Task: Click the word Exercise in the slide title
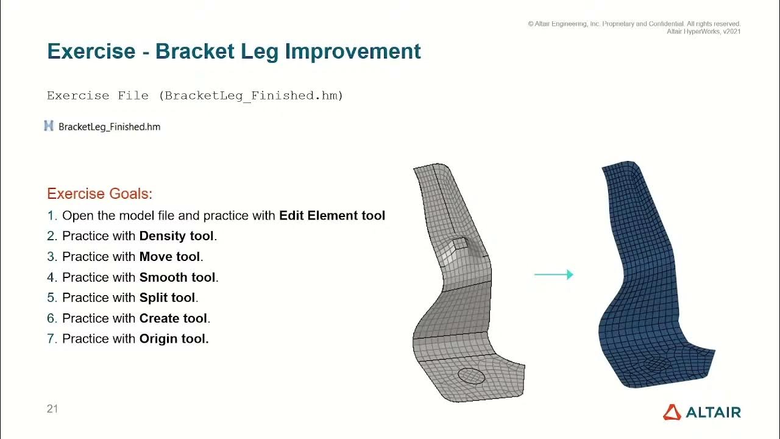(91, 51)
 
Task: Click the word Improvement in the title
(353, 51)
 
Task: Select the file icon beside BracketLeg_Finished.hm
(49, 126)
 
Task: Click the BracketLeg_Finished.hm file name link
(109, 127)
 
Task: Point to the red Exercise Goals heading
(99, 194)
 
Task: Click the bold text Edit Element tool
(331, 216)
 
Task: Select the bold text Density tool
(177, 236)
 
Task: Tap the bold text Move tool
(170, 257)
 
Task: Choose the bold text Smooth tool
(177, 277)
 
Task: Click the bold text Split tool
(167, 298)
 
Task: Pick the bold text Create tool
(174, 318)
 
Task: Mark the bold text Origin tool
(174, 339)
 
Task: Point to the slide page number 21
(52, 409)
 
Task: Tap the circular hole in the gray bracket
(470, 376)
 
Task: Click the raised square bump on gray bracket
(459, 244)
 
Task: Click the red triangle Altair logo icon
(672, 412)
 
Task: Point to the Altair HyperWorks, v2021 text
(703, 32)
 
